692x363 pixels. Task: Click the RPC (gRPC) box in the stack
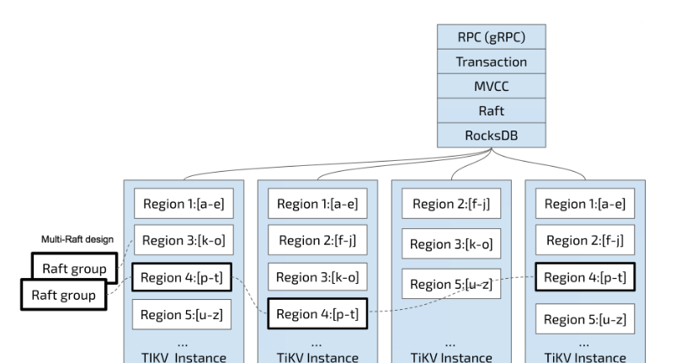click(492, 37)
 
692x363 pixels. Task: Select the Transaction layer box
click(492, 61)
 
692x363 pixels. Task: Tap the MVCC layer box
click(492, 86)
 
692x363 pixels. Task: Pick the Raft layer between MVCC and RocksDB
click(492, 110)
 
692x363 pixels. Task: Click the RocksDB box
click(492, 135)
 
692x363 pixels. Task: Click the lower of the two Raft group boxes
click(62, 295)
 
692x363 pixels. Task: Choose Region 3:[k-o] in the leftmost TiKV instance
click(180, 240)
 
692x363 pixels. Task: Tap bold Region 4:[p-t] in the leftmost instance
click(180, 277)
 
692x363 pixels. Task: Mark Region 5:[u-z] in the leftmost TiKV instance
click(180, 315)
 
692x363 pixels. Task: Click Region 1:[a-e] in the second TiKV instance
click(316, 204)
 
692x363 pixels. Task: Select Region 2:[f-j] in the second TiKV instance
click(316, 241)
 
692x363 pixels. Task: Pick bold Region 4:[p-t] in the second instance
click(316, 314)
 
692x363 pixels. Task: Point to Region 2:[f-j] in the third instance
click(450, 204)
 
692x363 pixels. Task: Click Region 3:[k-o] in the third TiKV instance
click(450, 244)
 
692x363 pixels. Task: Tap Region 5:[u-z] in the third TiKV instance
click(450, 285)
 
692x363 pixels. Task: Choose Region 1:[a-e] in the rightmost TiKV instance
click(583, 204)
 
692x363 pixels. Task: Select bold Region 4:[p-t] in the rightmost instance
click(583, 277)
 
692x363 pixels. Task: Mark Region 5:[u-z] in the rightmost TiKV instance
click(583, 318)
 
